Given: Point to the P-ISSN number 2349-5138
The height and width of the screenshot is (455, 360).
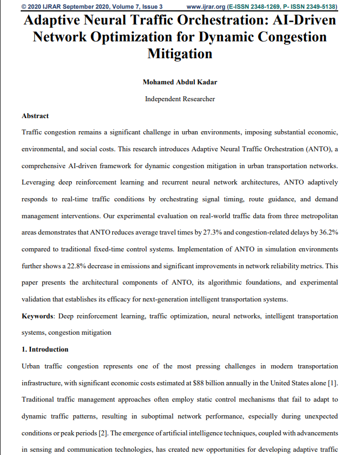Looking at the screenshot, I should (x=316, y=7).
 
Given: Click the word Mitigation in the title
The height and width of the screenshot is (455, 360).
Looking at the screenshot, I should (x=180, y=54).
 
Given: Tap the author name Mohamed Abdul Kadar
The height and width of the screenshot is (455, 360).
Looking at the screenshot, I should (x=180, y=82).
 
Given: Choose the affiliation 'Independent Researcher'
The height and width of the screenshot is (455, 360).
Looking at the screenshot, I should (x=180, y=99).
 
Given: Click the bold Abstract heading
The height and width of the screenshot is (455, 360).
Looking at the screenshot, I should (x=35, y=116).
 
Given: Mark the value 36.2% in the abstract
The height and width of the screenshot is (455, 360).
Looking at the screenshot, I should (x=325, y=233).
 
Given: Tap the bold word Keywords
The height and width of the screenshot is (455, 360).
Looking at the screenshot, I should (x=37, y=316).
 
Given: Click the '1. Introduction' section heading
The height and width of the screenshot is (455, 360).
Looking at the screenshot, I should (x=45, y=349).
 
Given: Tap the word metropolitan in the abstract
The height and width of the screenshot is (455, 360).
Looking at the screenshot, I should (x=315, y=216).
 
